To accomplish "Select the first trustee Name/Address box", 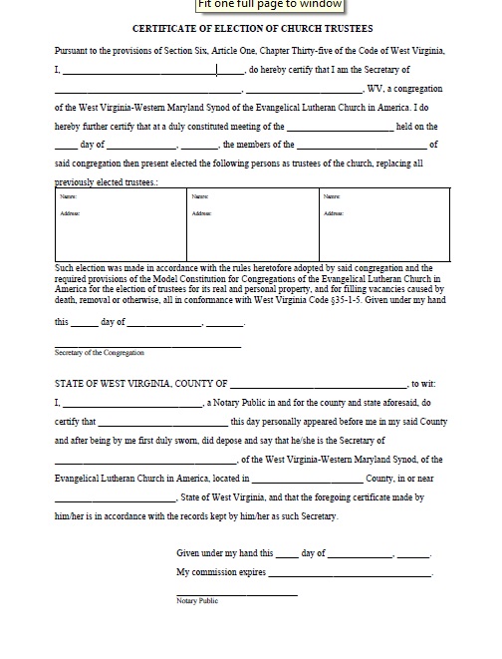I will click(x=119, y=224).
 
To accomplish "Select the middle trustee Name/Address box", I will click(x=250, y=224).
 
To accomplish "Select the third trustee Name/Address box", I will click(x=382, y=224).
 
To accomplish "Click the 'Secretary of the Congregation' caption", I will click(x=100, y=353).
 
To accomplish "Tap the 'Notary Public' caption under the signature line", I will click(x=197, y=601).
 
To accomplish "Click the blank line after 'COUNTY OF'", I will click(x=319, y=384).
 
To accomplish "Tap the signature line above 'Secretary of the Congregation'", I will click(x=147, y=345).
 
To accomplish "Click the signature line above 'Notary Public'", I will click(x=236, y=594).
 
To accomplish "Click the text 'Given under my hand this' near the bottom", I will click(x=224, y=552).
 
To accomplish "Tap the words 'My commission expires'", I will click(x=221, y=573).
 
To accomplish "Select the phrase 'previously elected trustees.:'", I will click(x=107, y=183).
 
